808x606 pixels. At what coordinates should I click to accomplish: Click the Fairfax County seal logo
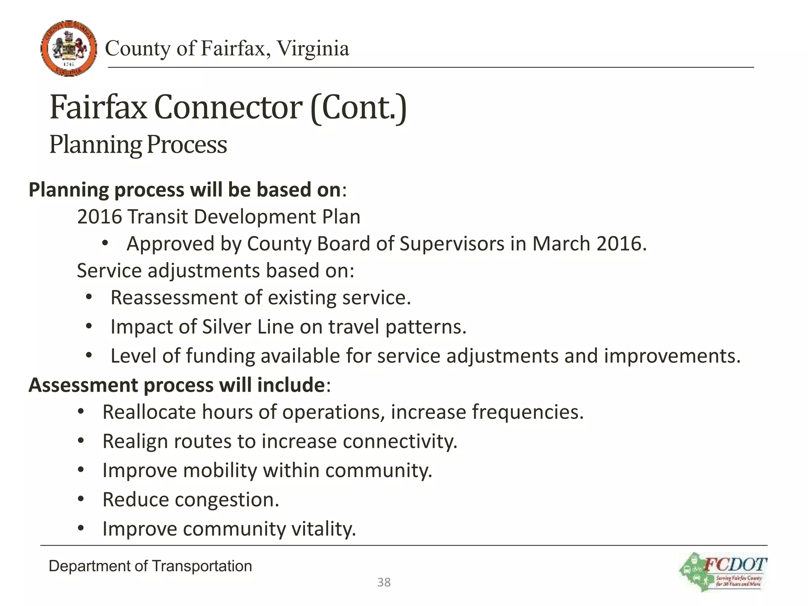(x=69, y=48)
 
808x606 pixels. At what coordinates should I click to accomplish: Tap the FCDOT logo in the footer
(x=723, y=572)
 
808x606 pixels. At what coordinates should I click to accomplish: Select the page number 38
(x=384, y=582)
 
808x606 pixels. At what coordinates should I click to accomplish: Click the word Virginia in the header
(x=312, y=49)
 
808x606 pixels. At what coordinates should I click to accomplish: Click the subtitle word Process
(x=187, y=144)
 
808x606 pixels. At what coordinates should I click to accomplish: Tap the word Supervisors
(x=452, y=244)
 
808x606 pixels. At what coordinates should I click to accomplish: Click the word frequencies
(x=527, y=412)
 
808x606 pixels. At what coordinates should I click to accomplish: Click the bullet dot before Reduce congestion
(x=81, y=500)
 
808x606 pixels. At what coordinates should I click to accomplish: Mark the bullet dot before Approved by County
(x=105, y=244)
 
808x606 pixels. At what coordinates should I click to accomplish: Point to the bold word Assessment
(x=82, y=385)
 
